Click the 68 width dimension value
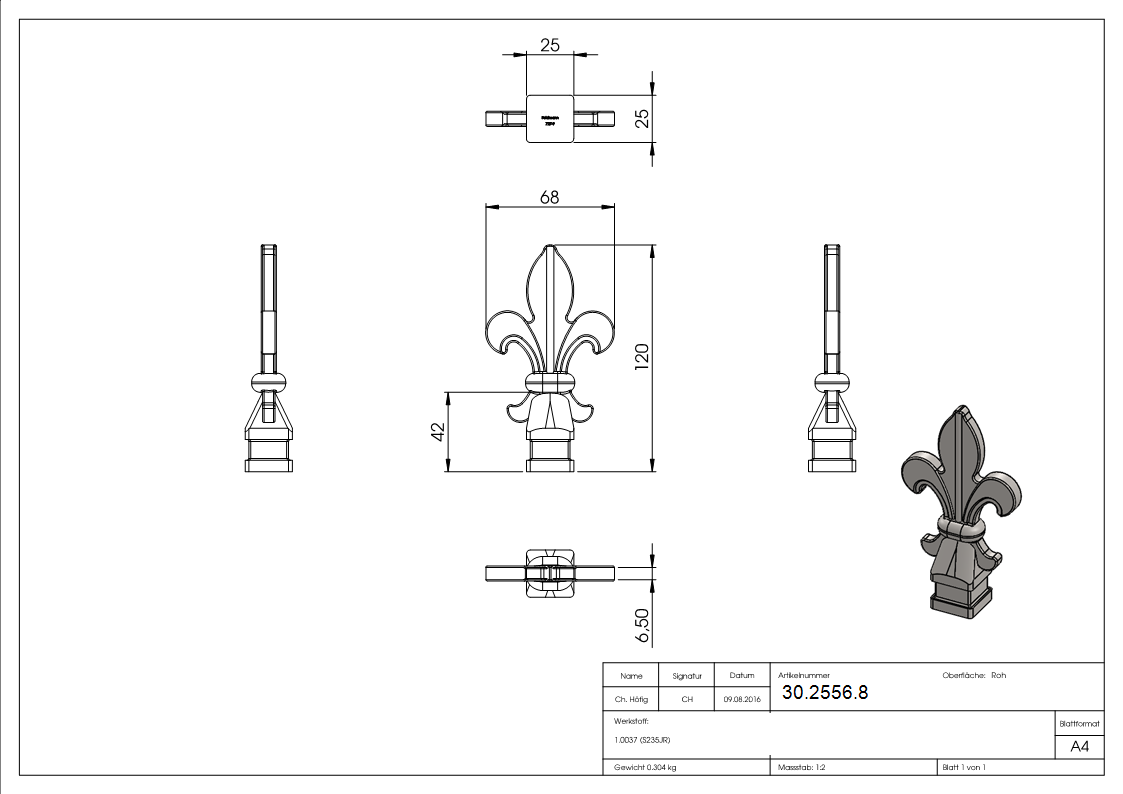549,197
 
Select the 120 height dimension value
642,356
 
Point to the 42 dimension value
436,431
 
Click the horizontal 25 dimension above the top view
549,45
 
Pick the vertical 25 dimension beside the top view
642,118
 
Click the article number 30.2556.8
824,692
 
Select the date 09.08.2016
741,700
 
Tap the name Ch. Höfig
631,700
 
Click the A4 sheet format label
1079,746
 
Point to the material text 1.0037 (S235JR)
642,740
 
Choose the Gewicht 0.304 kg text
645,767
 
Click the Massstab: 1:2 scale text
801,767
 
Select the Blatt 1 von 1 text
963,767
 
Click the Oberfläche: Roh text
974,675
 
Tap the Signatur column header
687,676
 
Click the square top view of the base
550,118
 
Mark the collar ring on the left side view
269,381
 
